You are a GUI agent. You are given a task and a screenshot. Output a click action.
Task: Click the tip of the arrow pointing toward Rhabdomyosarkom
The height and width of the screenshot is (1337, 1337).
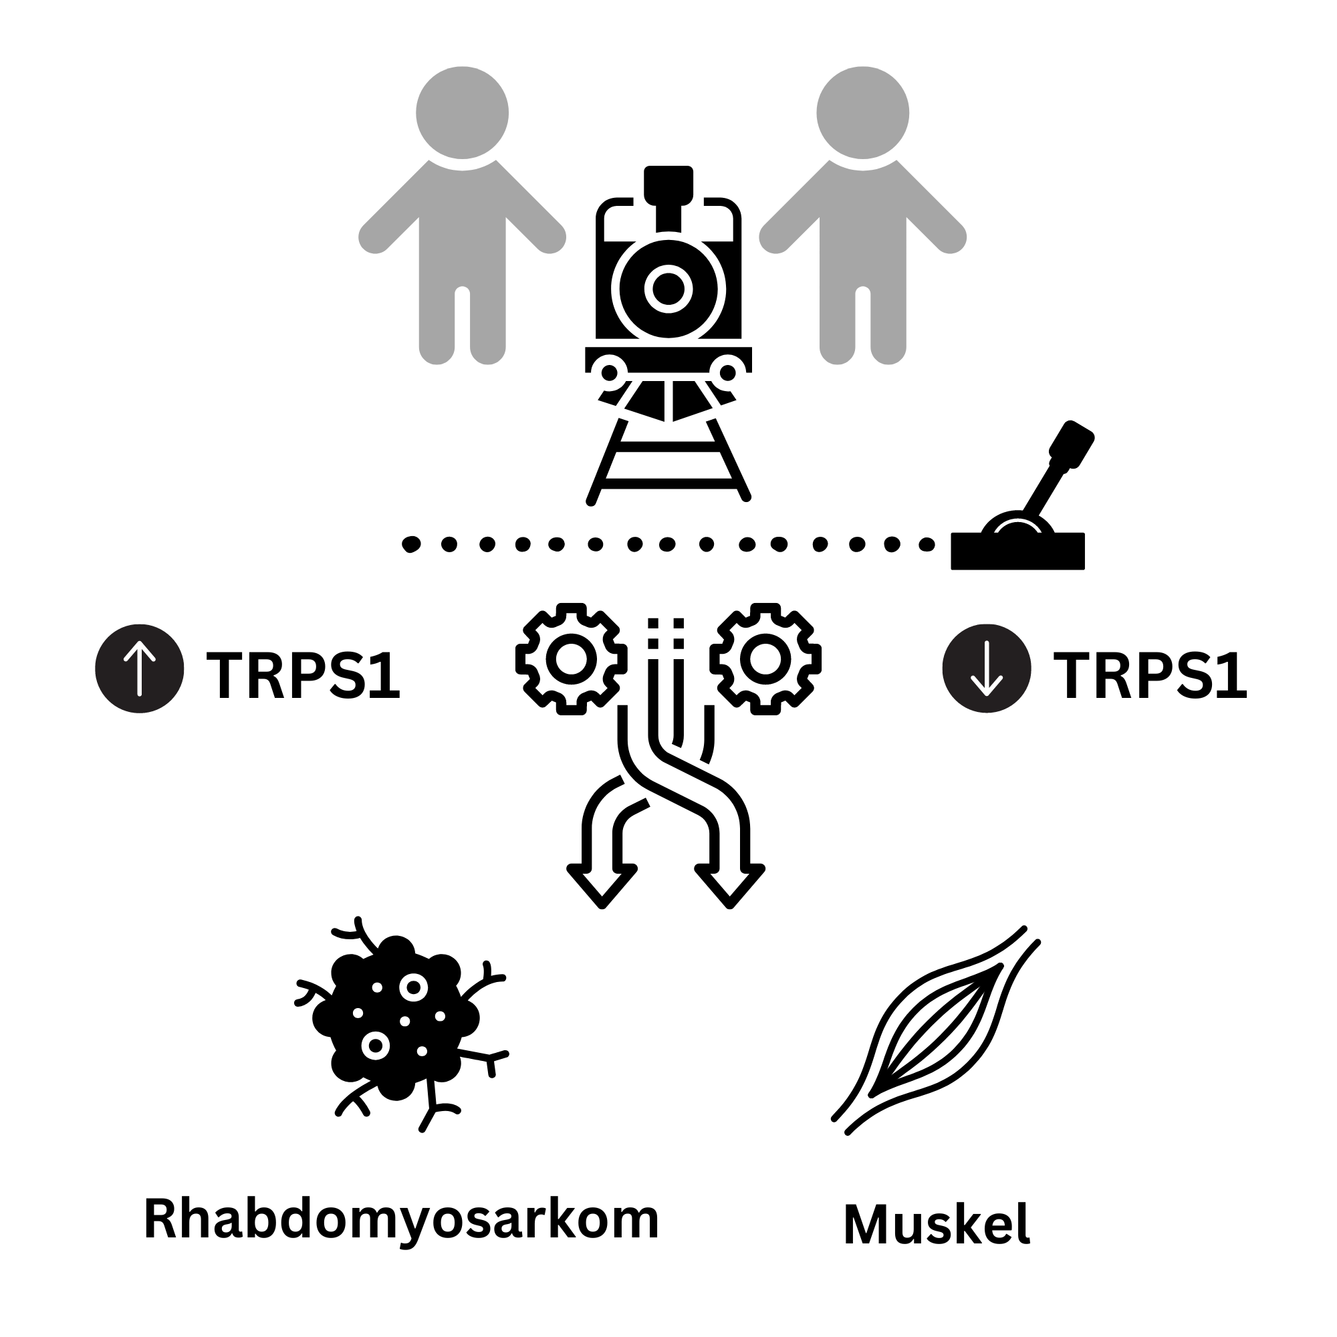tap(602, 906)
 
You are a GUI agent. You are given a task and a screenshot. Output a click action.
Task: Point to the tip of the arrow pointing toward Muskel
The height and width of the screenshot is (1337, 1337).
tap(729, 906)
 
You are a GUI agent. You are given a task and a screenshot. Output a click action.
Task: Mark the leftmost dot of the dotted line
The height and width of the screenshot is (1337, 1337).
tap(411, 545)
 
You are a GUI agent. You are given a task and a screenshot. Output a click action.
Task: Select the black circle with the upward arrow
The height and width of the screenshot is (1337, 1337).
tap(140, 668)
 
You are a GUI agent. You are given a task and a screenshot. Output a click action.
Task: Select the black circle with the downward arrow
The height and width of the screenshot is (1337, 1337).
tap(987, 668)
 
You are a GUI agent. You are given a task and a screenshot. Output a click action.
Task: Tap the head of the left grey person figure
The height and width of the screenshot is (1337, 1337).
tap(463, 113)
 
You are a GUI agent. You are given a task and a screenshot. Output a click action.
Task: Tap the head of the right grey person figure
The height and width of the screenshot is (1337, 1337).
tap(863, 113)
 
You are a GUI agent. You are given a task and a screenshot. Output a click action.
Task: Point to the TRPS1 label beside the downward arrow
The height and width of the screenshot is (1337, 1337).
tap(1150, 675)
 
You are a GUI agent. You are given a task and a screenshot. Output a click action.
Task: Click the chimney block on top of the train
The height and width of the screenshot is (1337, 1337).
tap(668, 182)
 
